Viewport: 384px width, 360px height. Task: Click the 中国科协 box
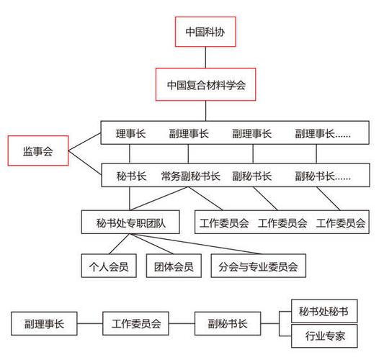coord(206,32)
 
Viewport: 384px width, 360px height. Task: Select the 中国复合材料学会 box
coord(206,85)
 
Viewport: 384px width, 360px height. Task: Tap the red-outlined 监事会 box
coord(37,151)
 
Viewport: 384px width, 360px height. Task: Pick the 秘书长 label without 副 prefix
coord(130,176)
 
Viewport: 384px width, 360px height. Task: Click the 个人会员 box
coord(109,266)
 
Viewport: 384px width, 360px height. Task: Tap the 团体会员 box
coord(173,266)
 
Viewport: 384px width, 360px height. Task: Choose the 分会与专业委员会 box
coord(258,266)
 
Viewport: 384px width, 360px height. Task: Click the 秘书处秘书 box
coord(323,312)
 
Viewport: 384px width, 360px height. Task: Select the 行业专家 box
coord(323,336)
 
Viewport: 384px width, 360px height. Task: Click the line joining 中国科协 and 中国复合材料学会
coord(206,58)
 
